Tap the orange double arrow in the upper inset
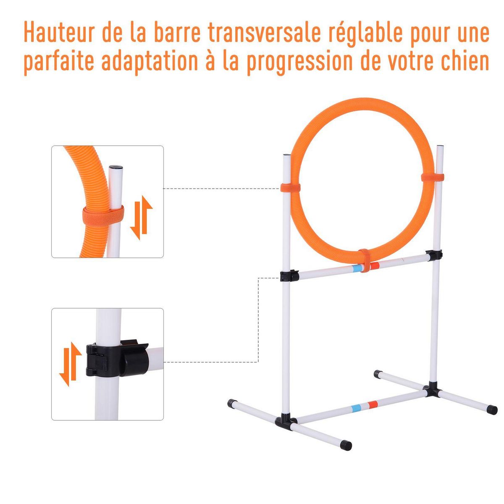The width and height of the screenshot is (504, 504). [x=141, y=217]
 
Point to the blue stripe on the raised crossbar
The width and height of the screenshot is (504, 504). [x=357, y=268]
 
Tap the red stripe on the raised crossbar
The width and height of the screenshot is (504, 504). [x=374, y=265]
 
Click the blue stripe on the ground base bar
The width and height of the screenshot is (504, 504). [x=357, y=407]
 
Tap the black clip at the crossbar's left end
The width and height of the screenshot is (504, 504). [x=289, y=276]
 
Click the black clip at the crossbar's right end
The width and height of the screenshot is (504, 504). [x=433, y=255]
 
